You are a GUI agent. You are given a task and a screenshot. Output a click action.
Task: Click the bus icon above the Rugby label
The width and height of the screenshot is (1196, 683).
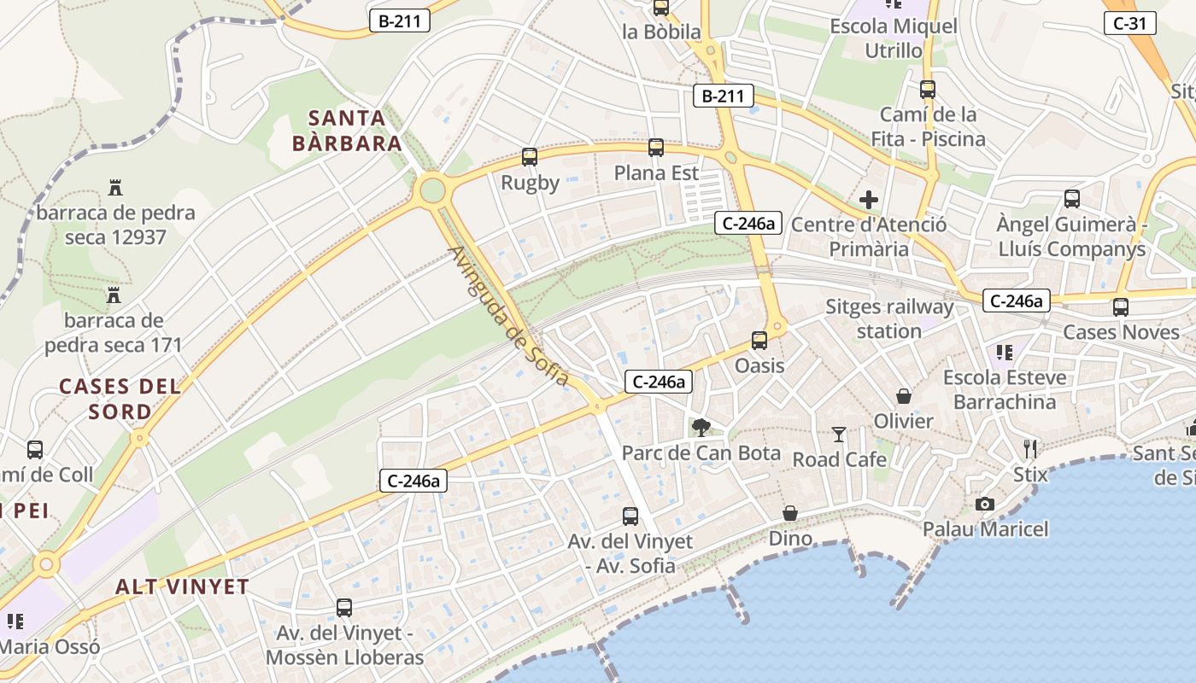(530, 157)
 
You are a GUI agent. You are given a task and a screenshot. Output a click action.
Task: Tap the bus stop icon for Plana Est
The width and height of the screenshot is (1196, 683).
(656, 148)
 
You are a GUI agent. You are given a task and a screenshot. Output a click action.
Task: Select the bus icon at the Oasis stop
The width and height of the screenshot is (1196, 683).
(759, 341)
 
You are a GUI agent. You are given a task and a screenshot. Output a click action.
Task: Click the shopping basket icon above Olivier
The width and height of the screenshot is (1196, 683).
(903, 396)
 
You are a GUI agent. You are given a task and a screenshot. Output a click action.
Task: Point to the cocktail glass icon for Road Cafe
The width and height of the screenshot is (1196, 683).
(839, 435)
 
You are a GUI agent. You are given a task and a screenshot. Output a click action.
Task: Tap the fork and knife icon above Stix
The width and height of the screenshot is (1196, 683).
(1030, 448)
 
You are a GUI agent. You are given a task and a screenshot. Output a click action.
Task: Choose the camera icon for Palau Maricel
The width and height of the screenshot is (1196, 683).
(985, 505)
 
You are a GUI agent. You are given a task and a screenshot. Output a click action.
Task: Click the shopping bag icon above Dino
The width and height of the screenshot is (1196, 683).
(790, 513)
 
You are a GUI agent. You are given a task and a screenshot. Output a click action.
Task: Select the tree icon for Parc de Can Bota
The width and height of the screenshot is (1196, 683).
(701, 427)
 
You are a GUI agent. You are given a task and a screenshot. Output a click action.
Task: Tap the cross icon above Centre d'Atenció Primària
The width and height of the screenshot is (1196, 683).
(869, 201)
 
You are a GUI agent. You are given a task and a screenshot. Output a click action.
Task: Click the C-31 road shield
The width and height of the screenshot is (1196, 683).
(1130, 23)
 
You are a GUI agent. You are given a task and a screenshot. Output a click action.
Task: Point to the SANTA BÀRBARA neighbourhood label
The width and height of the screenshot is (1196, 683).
(347, 131)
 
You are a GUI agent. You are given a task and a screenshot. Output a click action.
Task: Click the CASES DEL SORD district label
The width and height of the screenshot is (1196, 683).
(120, 399)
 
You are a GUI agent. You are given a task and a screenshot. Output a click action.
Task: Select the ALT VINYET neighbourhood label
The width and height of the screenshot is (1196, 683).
(182, 587)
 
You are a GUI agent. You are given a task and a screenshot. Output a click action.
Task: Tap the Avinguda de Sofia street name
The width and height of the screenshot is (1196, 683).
(508, 315)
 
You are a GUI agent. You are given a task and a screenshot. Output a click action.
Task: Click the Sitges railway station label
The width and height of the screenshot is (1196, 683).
(889, 318)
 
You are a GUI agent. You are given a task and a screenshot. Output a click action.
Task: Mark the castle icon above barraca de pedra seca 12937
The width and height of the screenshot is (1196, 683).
(115, 188)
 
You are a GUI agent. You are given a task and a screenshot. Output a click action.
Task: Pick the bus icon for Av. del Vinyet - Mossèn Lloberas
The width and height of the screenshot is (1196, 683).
(344, 608)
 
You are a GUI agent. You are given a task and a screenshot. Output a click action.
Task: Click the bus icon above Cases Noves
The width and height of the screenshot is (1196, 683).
(1121, 307)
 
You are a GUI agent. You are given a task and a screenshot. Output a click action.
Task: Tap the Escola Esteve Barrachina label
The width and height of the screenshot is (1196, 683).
(1005, 389)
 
